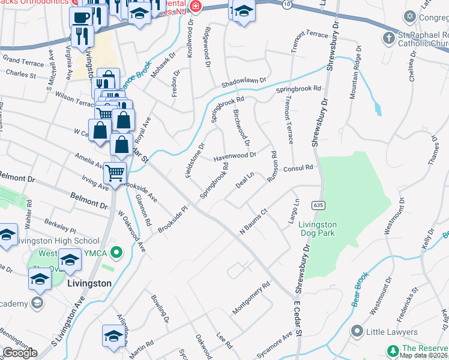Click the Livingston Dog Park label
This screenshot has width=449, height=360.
[318, 229]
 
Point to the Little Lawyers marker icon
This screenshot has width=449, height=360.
[358, 331]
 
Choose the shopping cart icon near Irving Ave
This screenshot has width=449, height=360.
[115, 173]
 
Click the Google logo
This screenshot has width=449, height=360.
[20, 353]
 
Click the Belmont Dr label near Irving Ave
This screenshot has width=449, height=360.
[89, 200]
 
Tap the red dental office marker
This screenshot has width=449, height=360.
[194, 7]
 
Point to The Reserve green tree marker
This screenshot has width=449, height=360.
[393, 350]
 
